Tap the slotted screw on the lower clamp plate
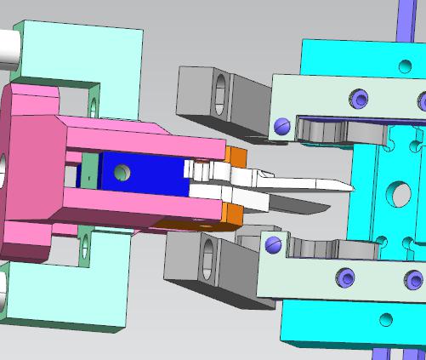pos(273,245)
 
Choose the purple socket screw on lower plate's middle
pos(345,277)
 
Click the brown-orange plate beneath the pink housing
pos(191,225)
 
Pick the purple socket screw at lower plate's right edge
pos(413,279)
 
